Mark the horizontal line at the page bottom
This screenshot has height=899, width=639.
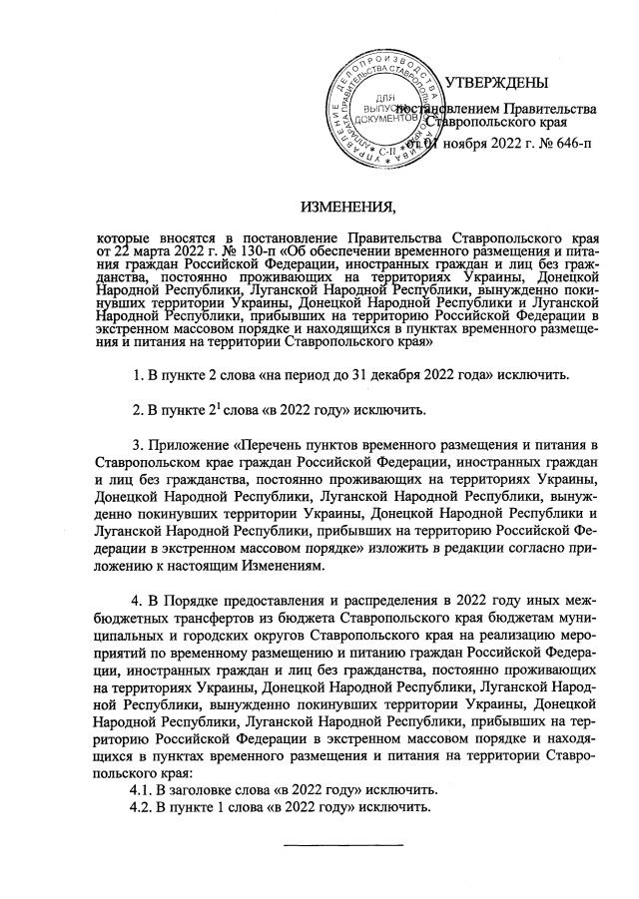coord(344,845)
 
